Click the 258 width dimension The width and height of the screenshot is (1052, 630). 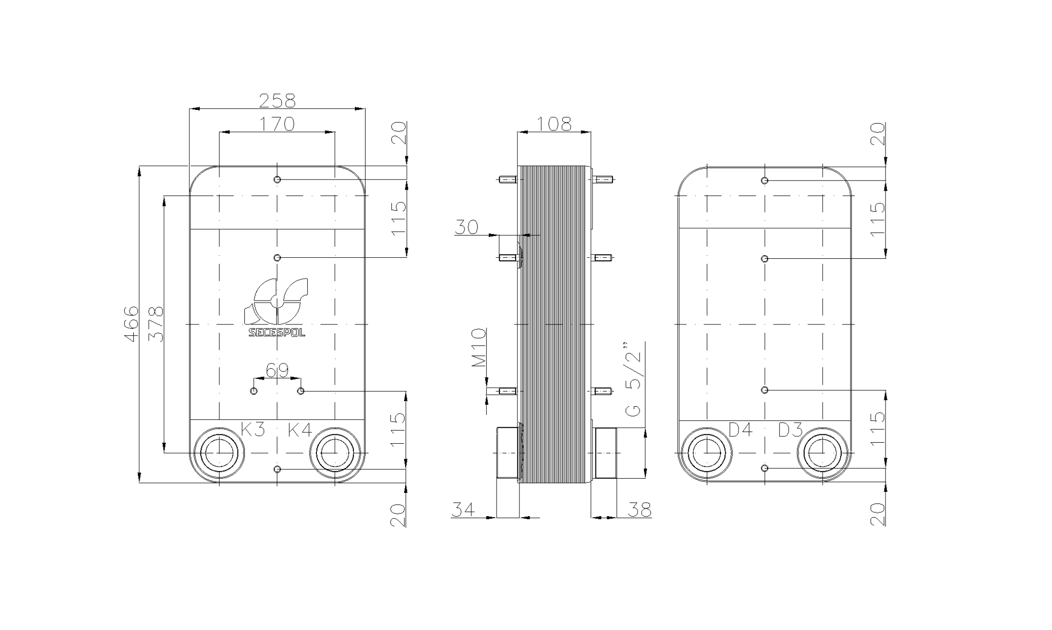(277, 101)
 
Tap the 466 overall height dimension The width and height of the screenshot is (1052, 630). (131, 324)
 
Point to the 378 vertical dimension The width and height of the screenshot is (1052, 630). (156, 324)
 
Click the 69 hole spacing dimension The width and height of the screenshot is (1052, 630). (277, 371)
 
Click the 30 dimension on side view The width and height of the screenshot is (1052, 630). (466, 227)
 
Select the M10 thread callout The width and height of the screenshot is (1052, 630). (479, 347)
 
